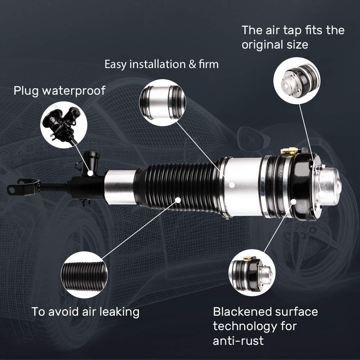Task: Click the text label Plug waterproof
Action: [x=59, y=91]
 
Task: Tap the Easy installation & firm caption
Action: [x=161, y=65]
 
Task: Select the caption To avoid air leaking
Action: [x=85, y=312]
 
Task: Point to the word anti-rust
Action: [x=238, y=341]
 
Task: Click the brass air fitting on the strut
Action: [x=290, y=150]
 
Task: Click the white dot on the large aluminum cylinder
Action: [x=233, y=184]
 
